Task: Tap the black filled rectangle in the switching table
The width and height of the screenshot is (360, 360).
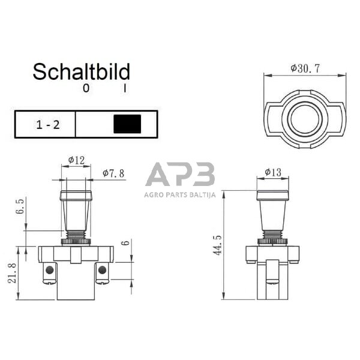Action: pos(127,124)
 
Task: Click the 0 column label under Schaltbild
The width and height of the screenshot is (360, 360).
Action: pos(86,89)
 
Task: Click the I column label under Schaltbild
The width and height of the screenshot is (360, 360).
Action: pos(125,89)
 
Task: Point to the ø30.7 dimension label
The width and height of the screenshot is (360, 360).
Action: pos(305,68)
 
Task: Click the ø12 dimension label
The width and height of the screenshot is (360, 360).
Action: pos(76,160)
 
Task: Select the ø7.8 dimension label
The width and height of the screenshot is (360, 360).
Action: pos(113,173)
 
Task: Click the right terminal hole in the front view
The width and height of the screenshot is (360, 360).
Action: pos(102,271)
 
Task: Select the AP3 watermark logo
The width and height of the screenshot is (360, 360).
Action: pos(180,175)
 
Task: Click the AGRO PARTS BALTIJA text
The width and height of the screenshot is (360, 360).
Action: pos(179,194)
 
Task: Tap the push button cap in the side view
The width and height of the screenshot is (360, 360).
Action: pos(272,195)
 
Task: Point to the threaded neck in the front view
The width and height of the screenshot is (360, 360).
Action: pos(76,235)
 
